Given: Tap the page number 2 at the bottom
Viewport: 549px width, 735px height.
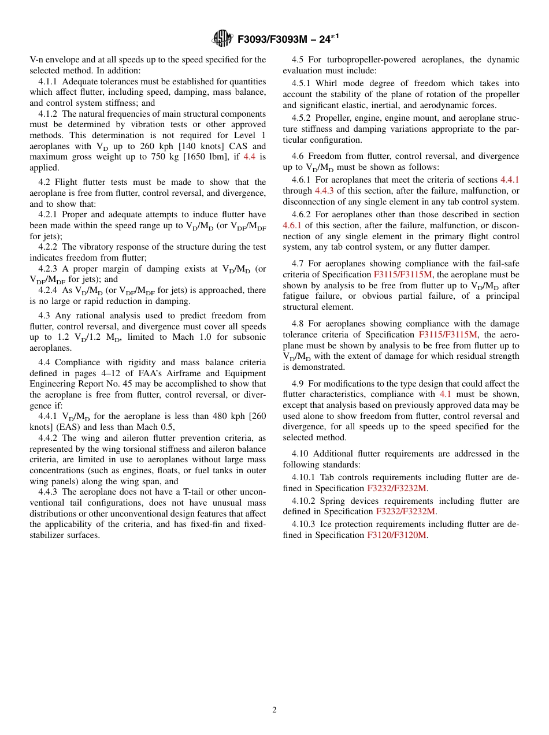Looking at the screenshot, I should (x=274, y=710).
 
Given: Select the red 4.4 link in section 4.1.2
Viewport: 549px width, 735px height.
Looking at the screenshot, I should (x=249, y=157).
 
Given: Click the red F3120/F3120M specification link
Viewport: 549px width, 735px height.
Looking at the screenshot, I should (x=397, y=535).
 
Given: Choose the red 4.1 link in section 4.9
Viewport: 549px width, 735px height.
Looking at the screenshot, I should (x=445, y=394).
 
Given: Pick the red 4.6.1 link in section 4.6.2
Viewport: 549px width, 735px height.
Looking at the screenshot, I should (x=292, y=225).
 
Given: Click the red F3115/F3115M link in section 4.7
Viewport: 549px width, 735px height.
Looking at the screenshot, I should (x=402, y=274).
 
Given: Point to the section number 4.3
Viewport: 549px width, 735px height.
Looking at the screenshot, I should (x=44, y=315).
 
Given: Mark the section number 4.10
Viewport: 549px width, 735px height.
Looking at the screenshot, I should (x=300, y=454).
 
